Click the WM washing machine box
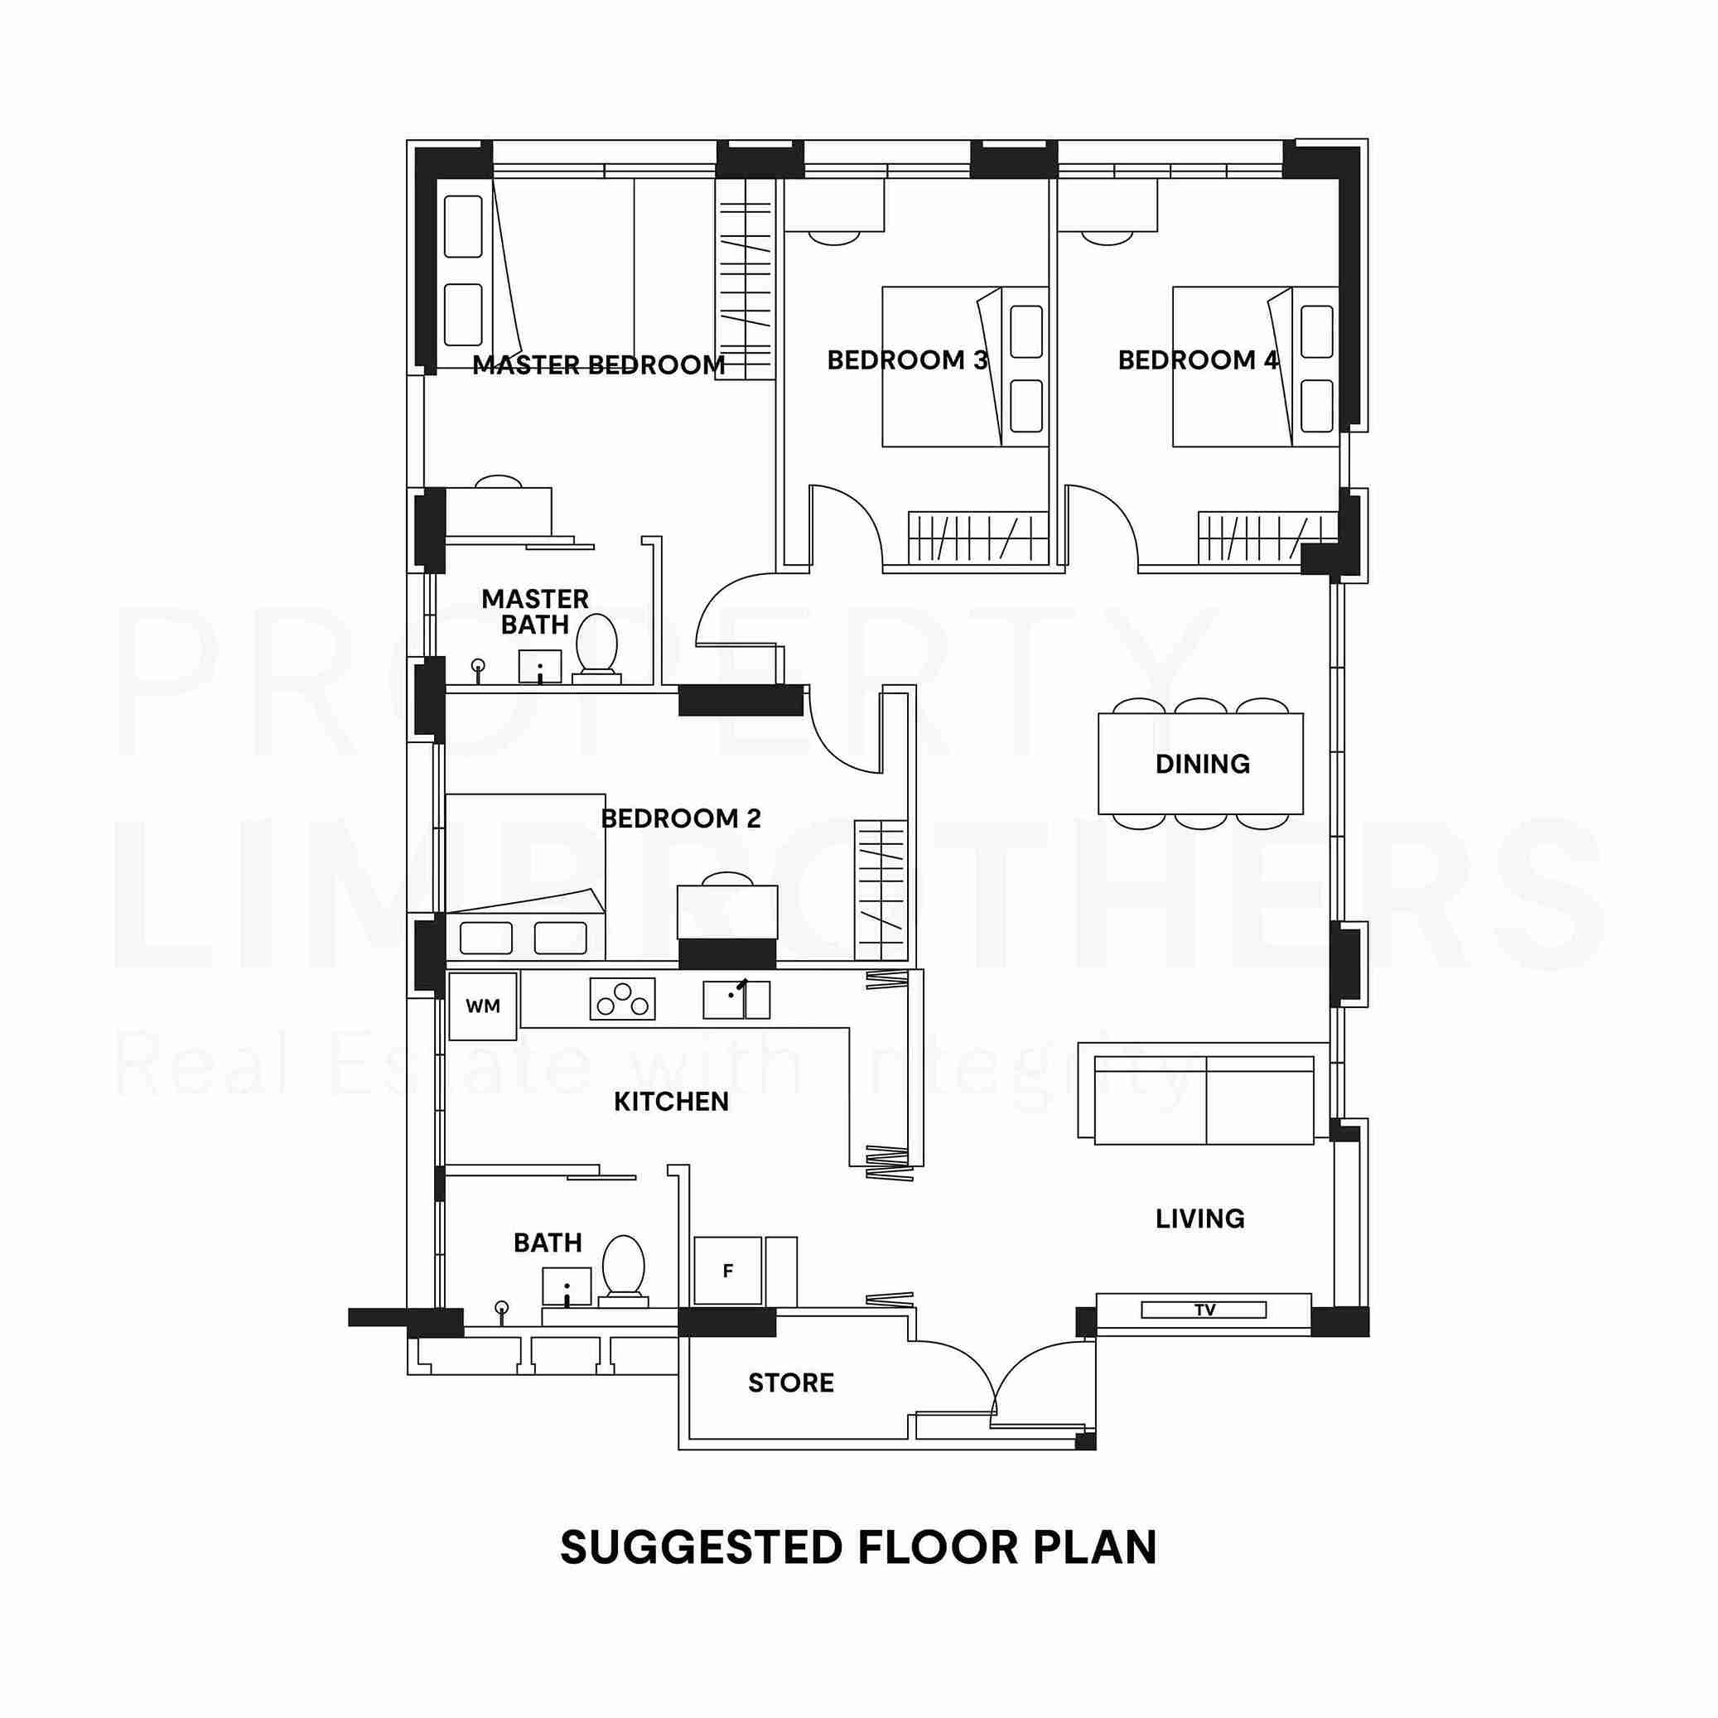[483, 1006]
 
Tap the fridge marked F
[727, 1271]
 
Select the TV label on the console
[1205, 1310]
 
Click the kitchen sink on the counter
[736, 1000]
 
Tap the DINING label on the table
[1202, 764]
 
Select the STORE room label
[790, 1383]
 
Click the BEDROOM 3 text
[907, 360]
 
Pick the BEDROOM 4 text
[1198, 360]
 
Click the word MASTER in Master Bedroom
[525, 364]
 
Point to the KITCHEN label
[671, 1102]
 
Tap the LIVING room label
[1199, 1219]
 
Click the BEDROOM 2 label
[681, 818]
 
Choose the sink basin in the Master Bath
[540, 667]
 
